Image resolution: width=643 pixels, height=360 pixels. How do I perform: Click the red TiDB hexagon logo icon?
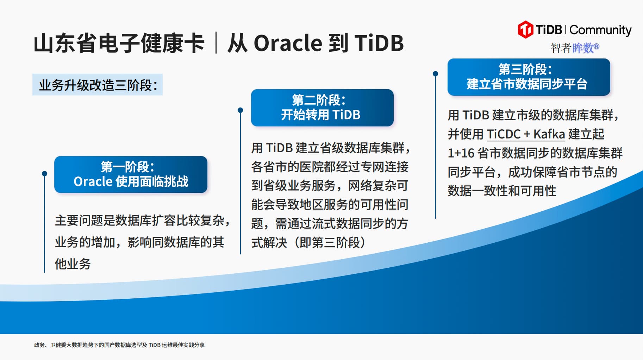tap(525, 30)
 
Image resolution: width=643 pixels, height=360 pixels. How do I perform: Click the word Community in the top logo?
tap(600, 30)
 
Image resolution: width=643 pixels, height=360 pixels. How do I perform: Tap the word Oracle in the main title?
tap(288, 43)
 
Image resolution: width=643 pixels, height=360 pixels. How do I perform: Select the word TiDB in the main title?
tap(379, 43)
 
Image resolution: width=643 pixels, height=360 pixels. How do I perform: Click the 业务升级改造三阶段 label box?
tap(98, 85)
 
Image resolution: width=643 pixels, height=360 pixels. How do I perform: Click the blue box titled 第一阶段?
tap(131, 174)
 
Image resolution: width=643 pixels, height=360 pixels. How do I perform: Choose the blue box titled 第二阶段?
tap(322, 107)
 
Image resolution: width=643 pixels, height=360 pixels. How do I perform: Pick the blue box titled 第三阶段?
tap(529, 77)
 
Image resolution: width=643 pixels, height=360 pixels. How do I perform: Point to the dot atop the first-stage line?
tap(44, 174)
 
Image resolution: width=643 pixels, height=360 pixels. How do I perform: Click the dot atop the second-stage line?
tap(241, 110)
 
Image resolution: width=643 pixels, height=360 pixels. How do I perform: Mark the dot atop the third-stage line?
tap(436, 74)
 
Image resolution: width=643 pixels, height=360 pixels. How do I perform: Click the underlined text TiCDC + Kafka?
tap(526, 134)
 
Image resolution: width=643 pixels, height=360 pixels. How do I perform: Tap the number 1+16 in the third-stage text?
tap(461, 153)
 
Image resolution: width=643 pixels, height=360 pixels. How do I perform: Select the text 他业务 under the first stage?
tap(73, 264)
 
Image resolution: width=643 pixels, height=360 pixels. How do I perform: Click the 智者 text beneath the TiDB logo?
tap(561, 48)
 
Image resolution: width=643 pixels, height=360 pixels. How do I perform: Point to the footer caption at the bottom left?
tap(119, 345)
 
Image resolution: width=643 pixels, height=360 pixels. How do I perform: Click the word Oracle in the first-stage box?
tap(93, 181)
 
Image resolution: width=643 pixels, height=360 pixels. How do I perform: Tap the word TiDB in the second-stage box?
tap(346, 114)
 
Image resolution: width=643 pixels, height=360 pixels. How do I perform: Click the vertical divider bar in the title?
tap(216, 43)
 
